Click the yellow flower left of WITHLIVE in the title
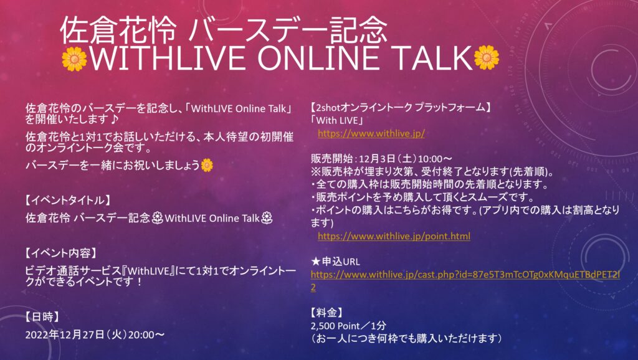75,59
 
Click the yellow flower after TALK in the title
486,57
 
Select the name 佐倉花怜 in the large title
118,31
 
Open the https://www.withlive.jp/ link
371,133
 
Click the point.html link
394,236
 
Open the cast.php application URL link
465,281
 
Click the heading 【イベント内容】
62,253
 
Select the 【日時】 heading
43,317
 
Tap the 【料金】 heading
327,313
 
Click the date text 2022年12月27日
65,335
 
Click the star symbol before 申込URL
316,262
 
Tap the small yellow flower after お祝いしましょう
207,165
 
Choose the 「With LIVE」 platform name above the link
336,120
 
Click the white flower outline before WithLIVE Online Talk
158,219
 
